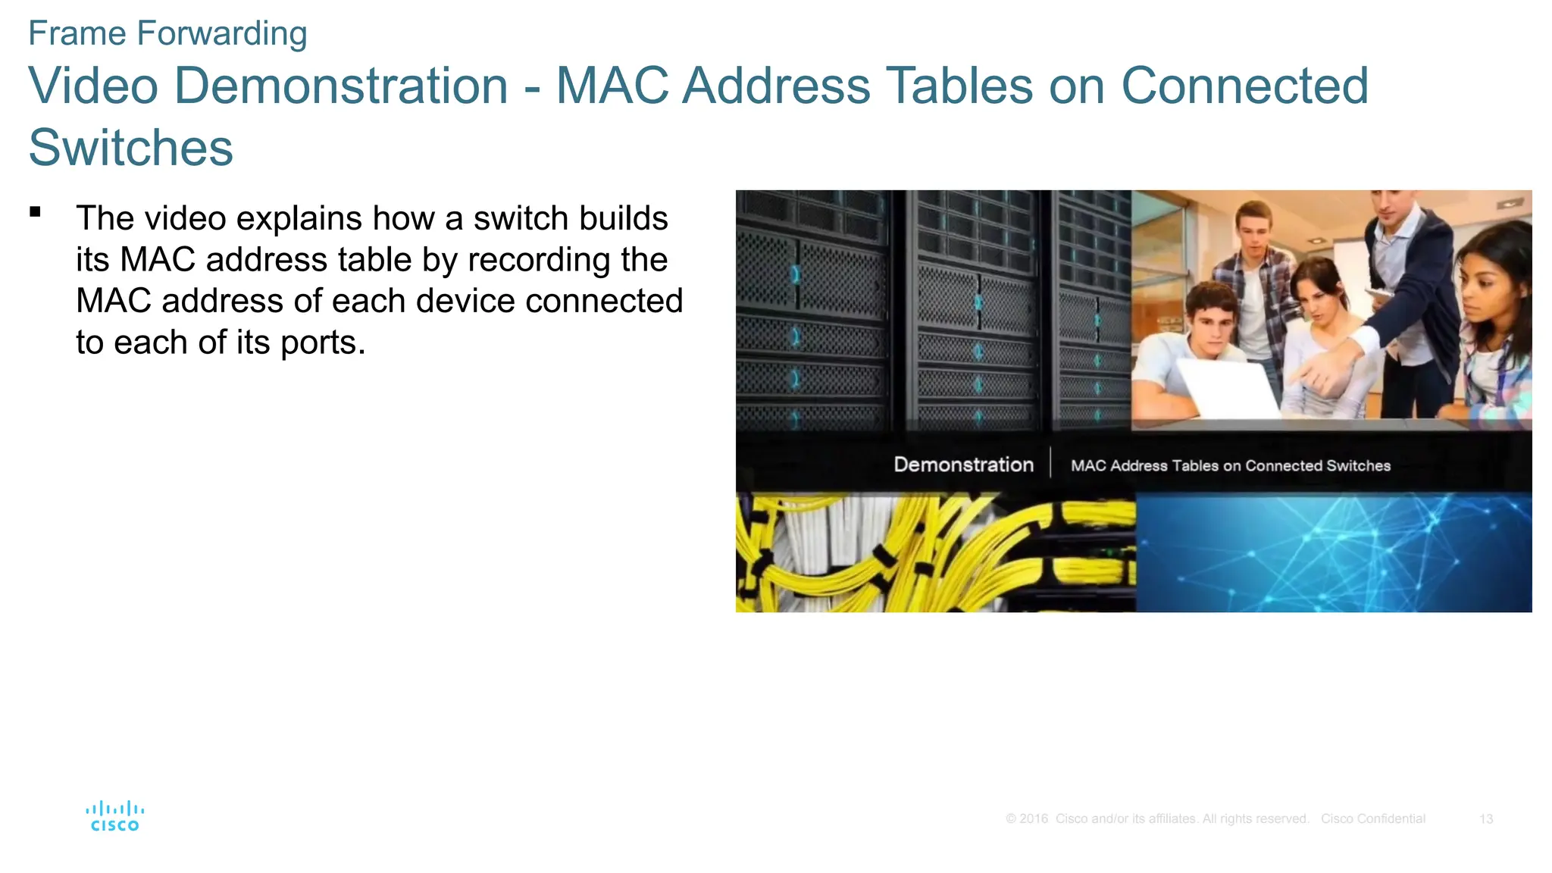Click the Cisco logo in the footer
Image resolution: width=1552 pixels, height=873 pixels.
coord(114,816)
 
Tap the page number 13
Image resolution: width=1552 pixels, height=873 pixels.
coord(1485,819)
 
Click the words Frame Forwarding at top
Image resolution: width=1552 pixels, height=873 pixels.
coord(167,33)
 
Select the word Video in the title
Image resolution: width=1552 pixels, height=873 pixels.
coord(93,85)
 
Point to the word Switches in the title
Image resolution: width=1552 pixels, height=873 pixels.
coord(131,147)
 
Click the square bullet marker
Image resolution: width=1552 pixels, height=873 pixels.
coord(35,212)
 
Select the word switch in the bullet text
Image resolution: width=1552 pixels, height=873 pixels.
coord(516,218)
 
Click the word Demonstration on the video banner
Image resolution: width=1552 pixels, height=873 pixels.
coord(963,465)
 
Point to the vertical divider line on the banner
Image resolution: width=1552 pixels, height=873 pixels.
coord(1050,463)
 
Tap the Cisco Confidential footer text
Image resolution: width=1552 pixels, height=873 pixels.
coord(1372,819)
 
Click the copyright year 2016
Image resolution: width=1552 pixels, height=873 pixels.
coord(1034,819)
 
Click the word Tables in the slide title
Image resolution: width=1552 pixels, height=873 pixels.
coord(959,85)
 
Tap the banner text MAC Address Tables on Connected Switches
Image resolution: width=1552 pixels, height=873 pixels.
coord(1230,466)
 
